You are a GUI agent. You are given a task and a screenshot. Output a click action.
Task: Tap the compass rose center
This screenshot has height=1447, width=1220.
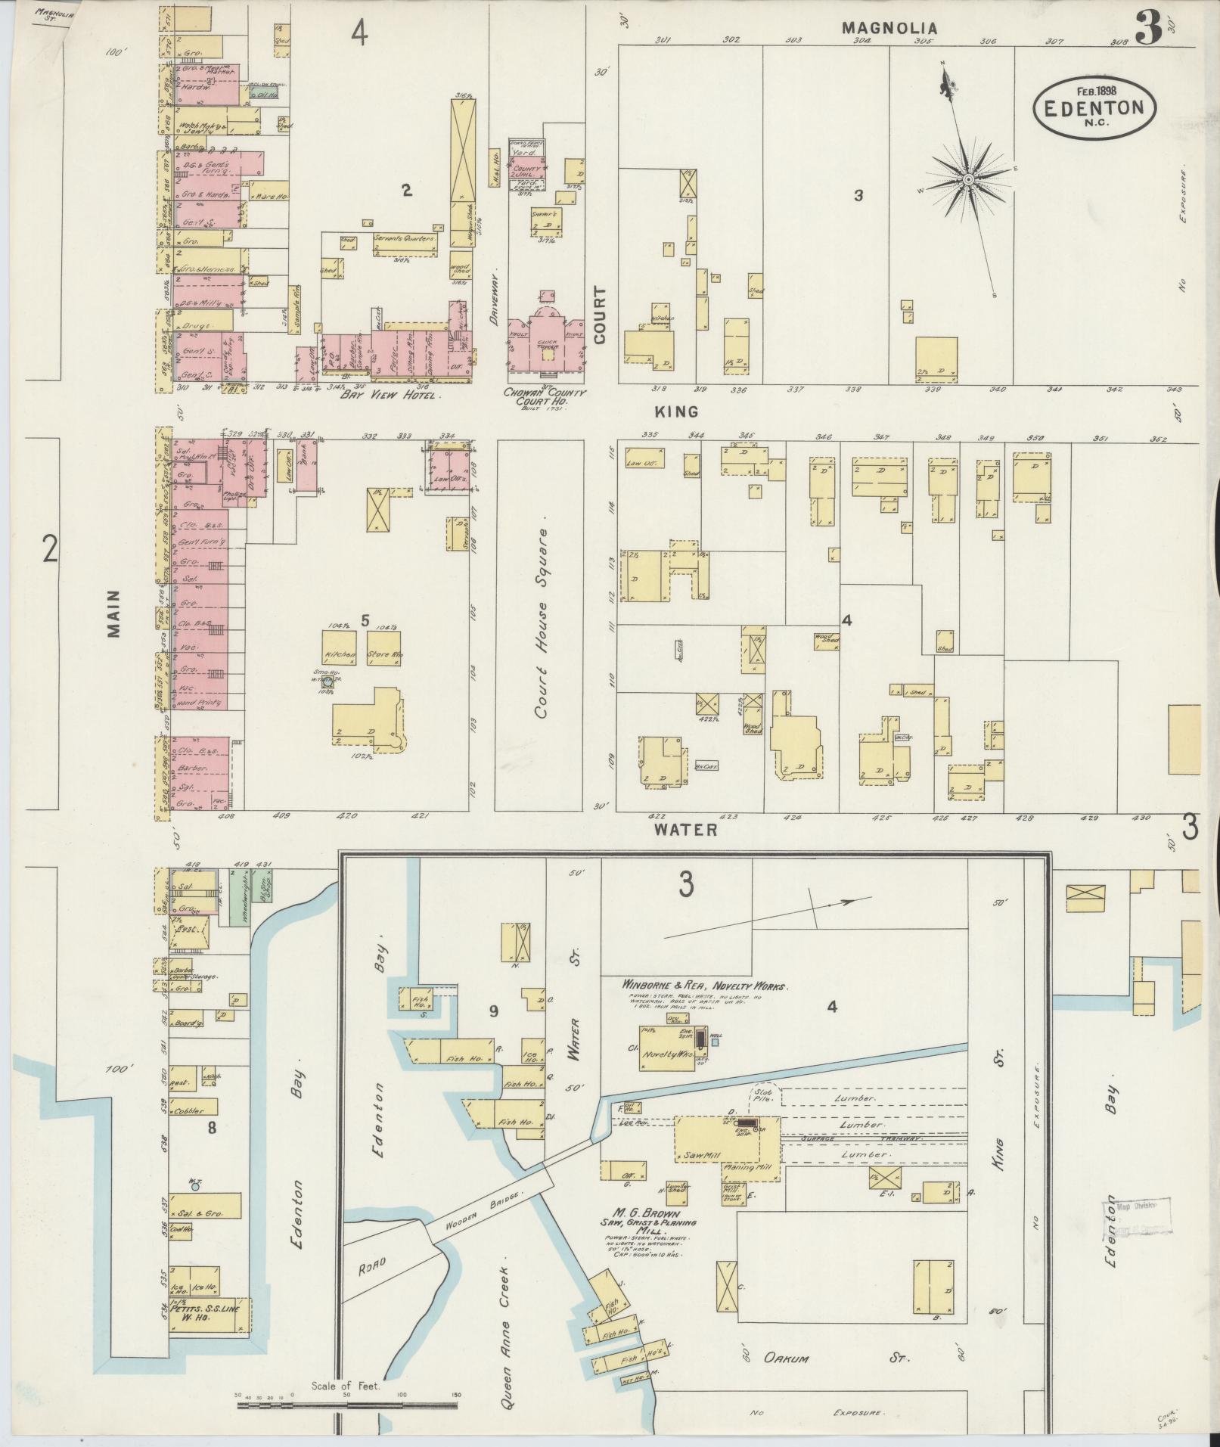point(968,179)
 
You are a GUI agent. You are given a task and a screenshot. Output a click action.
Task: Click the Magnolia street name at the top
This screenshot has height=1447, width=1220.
point(889,28)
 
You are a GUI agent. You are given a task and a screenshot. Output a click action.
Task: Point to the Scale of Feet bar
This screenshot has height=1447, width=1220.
point(347,1405)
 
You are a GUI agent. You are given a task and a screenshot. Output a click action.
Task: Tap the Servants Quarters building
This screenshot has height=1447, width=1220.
point(405,239)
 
